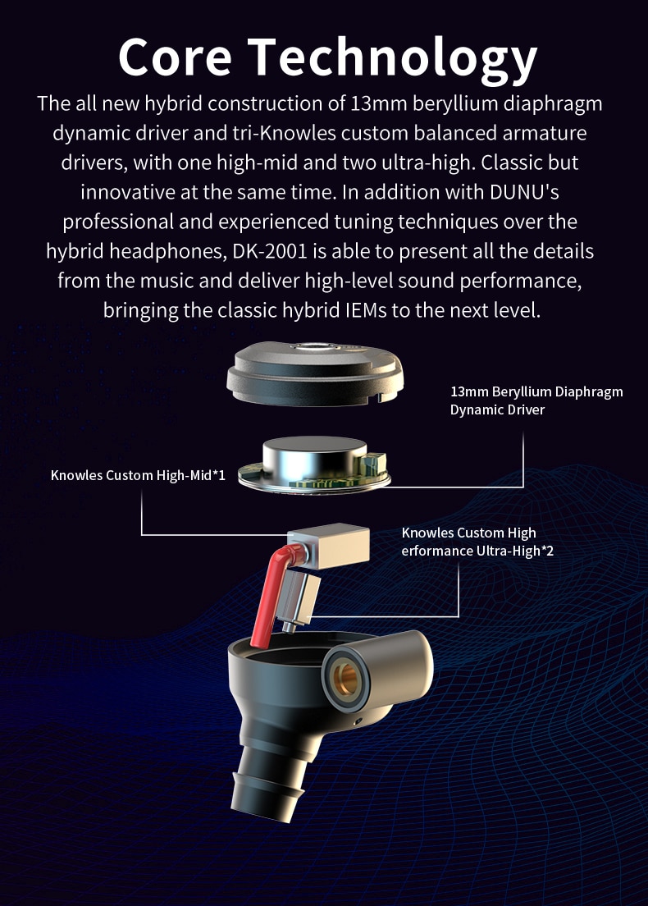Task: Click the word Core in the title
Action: pos(175,57)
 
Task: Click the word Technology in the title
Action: pos(393,60)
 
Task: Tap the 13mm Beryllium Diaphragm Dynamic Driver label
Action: pos(536,400)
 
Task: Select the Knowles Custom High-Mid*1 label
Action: pos(138,475)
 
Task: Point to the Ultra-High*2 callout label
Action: pos(477,542)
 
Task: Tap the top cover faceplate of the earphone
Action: pos(315,373)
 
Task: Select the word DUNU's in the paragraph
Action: pos(524,192)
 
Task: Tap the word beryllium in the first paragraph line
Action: pos(455,104)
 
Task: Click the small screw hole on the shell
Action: pos(358,721)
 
